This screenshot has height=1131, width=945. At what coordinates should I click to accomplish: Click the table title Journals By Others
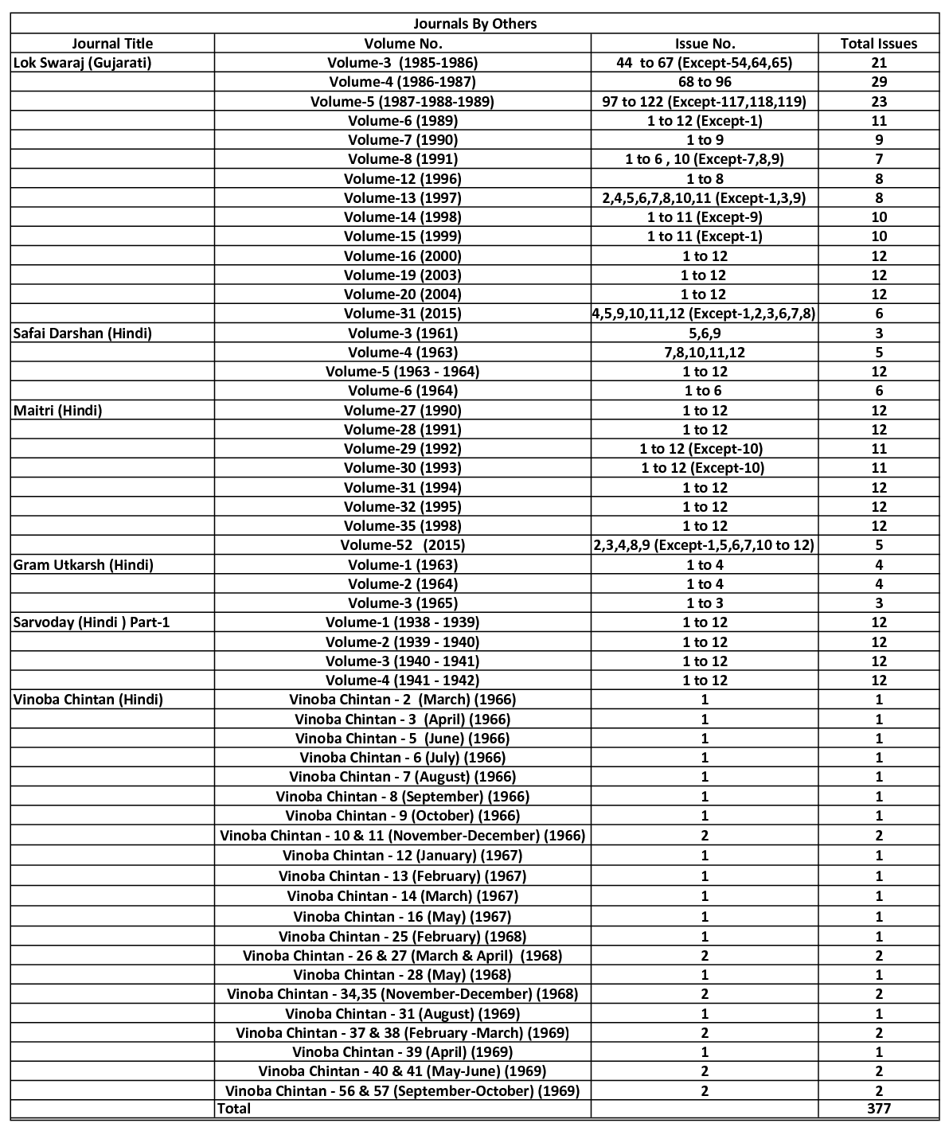(474, 24)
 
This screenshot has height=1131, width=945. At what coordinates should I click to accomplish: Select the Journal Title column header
(112, 44)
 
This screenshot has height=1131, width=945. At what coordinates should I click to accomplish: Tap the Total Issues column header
(878, 44)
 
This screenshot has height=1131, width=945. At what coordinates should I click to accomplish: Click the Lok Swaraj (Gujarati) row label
(82, 62)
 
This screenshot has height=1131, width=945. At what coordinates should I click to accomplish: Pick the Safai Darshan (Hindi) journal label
(82, 333)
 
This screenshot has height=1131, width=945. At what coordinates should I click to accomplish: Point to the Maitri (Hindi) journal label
(58, 410)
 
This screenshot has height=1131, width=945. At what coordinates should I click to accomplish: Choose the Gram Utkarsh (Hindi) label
(84, 564)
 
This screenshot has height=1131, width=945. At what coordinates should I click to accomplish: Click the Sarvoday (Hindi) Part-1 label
(92, 622)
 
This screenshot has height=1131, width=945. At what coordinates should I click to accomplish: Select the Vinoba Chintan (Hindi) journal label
(88, 699)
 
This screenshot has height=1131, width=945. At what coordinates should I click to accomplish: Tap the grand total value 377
(878, 1108)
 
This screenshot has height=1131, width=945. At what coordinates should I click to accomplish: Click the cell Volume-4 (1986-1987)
(402, 82)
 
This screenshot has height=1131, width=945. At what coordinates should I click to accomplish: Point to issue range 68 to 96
(705, 82)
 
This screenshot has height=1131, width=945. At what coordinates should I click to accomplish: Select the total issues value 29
(878, 82)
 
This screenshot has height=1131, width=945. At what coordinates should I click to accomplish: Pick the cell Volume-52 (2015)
(402, 545)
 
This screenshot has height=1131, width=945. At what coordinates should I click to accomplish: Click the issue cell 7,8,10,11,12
(705, 352)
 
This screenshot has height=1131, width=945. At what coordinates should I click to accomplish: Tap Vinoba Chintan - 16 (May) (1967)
(402, 916)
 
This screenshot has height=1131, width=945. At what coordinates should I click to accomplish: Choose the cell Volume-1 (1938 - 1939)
(402, 622)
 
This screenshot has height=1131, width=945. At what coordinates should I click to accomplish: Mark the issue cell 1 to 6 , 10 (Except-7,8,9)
(705, 159)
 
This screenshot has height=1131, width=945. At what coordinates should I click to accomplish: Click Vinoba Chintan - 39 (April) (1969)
(402, 1051)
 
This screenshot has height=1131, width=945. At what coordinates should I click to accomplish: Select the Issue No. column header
(705, 44)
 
